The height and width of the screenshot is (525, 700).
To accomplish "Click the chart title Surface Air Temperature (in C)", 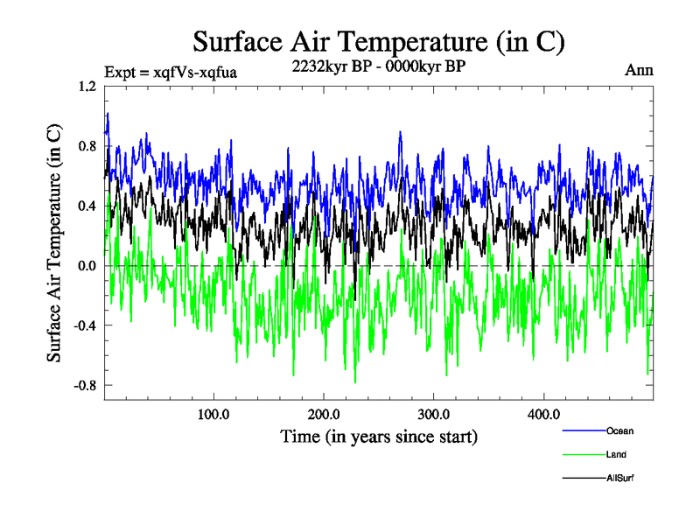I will (x=378, y=41).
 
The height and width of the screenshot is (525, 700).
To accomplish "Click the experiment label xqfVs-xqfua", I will (x=171, y=71).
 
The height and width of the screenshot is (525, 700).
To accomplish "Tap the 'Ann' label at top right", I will (x=639, y=70).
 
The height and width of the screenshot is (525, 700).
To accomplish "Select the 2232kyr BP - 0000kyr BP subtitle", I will (x=379, y=65).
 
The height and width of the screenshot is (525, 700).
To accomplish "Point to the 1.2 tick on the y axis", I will (x=86, y=87).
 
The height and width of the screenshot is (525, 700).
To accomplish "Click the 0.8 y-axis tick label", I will (x=86, y=146).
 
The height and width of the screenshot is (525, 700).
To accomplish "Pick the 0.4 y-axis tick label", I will (x=86, y=206).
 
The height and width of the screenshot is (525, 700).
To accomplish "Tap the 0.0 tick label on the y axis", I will (x=86, y=266).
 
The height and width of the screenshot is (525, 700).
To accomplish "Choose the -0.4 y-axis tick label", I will (x=84, y=325).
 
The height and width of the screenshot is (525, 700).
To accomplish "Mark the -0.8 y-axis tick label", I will (x=84, y=385).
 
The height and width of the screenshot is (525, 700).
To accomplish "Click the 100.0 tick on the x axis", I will (x=213, y=414).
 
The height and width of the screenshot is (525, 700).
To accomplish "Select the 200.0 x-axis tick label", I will (x=324, y=414).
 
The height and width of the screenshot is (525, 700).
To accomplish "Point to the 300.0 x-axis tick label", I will (x=434, y=414).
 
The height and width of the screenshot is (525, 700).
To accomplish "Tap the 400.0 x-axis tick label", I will (x=543, y=414).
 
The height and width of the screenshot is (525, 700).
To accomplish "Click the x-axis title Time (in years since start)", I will (x=379, y=436).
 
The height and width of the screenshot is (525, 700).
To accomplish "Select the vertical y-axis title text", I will (x=54, y=242).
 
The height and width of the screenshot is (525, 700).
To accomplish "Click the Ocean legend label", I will (x=619, y=430).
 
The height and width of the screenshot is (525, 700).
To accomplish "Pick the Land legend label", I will (x=616, y=454).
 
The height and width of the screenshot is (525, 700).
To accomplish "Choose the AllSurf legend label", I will (x=619, y=478).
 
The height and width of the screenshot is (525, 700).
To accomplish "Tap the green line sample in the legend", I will (x=583, y=454).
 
